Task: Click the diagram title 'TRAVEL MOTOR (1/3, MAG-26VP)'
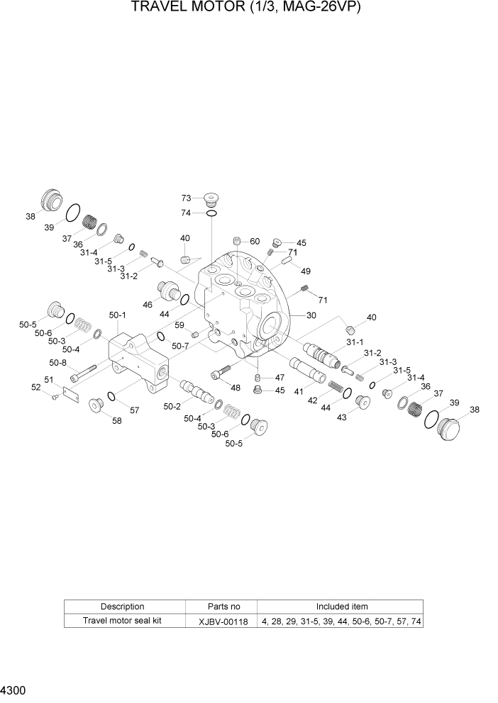click(x=249, y=8)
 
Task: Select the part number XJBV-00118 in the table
click(x=221, y=622)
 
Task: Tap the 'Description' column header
click(x=122, y=607)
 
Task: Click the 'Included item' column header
click(x=341, y=607)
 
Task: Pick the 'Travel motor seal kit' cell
click(x=122, y=622)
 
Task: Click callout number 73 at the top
click(x=186, y=198)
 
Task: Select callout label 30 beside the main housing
click(x=311, y=315)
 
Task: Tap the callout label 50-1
click(x=117, y=315)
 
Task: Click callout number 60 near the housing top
click(x=255, y=241)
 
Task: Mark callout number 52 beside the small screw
click(x=35, y=387)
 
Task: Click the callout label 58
click(x=117, y=420)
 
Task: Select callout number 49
click(x=306, y=271)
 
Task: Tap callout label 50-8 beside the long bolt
click(x=58, y=364)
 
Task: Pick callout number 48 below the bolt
click(x=236, y=387)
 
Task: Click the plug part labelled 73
click(x=211, y=198)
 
